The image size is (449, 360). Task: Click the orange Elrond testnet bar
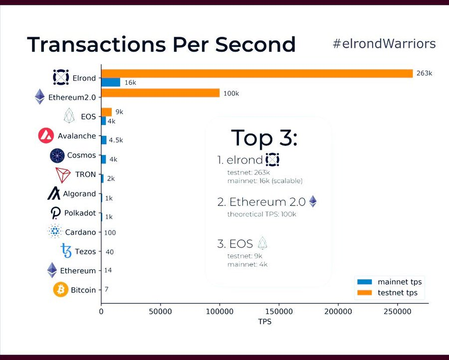coord(257,73)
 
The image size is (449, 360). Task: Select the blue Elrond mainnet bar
coord(111,82)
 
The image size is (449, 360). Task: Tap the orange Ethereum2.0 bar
coord(160,93)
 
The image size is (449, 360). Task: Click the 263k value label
coord(424,73)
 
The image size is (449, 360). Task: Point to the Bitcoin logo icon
coord(61,290)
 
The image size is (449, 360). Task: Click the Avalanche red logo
coord(46,136)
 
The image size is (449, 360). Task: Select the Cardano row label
coord(80,232)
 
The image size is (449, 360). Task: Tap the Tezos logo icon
coord(66,251)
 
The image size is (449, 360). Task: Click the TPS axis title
coord(265,322)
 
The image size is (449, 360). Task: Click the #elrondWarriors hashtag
coord(384,43)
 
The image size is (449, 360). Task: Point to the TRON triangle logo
coord(63,176)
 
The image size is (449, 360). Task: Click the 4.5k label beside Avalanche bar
coord(116,140)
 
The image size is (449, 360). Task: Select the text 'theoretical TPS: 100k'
coord(261,214)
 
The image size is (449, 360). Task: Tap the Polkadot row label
coord(80,213)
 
